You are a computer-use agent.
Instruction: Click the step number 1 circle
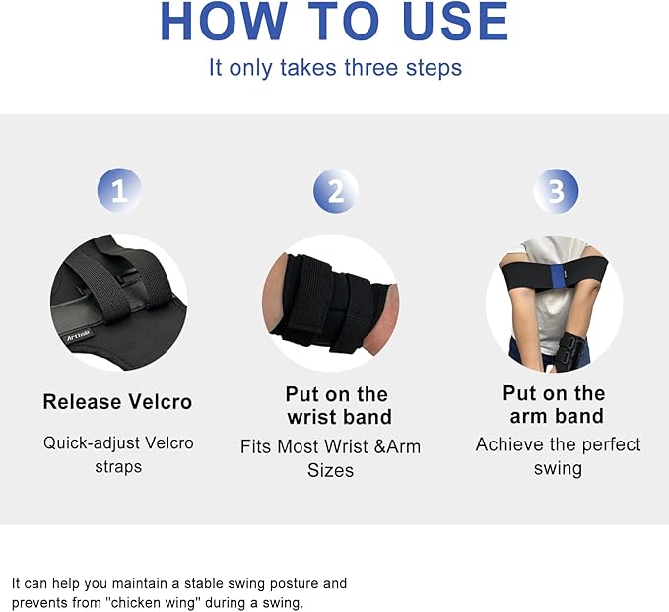coord(119,190)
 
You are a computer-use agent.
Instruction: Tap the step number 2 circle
coord(336,191)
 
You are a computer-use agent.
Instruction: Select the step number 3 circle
coord(556,191)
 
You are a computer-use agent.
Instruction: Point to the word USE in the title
coord(455,22)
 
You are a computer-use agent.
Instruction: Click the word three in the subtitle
coord(370,67)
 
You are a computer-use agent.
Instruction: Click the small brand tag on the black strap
coord(78,336)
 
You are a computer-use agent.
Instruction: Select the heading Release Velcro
coord(117,402)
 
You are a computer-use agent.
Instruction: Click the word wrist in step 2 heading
coord(312,417)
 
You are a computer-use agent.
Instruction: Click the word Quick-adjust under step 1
coord(92,443)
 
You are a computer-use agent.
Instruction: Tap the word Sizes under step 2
coord(331,470)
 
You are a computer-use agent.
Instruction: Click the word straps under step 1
coord(118,467)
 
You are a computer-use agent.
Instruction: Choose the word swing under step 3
coord(558,468)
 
